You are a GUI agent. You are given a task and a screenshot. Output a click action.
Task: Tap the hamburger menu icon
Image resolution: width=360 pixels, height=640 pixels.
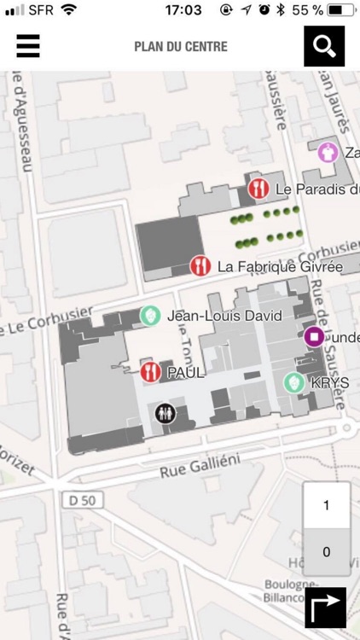pos(28,46)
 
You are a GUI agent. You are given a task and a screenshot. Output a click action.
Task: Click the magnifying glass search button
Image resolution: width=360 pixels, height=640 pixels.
pos(324,46)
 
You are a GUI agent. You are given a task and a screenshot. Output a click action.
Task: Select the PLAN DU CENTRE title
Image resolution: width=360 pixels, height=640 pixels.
pos(181,46)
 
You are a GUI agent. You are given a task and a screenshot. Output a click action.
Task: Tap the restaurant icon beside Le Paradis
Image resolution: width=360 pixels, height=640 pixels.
pos(258,189)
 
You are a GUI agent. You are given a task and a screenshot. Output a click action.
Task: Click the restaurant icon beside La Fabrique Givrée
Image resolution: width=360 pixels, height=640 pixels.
pos(200,266)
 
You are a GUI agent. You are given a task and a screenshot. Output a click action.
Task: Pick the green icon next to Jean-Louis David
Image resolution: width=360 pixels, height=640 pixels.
pos(150,316)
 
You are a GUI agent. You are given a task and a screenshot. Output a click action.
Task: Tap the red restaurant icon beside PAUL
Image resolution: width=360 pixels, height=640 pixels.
pos(151,372)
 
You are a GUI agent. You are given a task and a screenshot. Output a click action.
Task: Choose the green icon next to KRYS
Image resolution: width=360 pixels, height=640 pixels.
pos(294,383)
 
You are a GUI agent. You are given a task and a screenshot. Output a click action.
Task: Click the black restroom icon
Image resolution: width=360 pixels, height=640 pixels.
pos(165,413)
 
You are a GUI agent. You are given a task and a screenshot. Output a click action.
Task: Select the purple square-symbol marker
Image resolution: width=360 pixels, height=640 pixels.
pos(314,337)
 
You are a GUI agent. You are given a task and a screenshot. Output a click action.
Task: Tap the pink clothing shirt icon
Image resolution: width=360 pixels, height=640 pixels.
pos(328,153)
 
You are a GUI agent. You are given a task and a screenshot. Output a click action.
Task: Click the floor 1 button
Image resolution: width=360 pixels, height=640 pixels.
pos(326,505)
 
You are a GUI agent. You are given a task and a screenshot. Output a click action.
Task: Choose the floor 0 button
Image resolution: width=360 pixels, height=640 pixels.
pos(326,552)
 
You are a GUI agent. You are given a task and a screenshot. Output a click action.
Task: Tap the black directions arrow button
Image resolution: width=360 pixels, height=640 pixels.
pos(326,608)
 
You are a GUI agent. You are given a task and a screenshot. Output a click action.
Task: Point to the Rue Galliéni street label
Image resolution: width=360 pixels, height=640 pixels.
pos(200,465)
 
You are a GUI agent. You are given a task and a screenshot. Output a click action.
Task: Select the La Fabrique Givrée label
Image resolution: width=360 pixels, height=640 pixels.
pos(280,267)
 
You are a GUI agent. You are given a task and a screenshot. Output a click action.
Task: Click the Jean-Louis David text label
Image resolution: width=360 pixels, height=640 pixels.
pos(225,316)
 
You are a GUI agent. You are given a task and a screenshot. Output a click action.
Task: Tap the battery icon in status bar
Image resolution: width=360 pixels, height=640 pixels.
pos(340,10)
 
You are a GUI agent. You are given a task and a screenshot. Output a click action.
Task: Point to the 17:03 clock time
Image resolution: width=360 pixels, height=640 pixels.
pos(183,10)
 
